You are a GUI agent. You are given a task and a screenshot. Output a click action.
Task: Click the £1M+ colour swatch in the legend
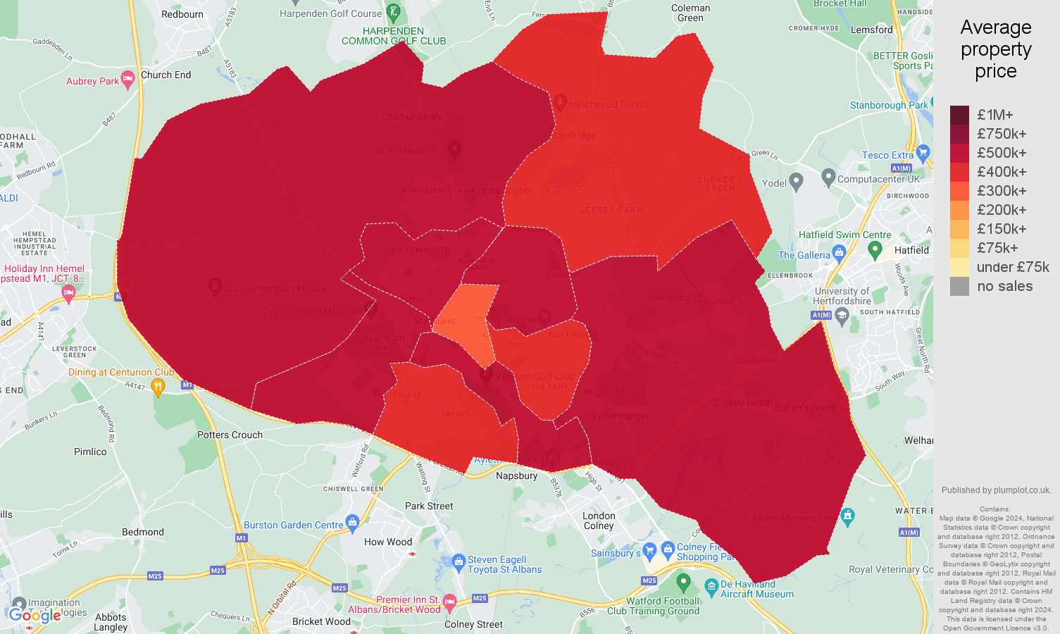(959, 115)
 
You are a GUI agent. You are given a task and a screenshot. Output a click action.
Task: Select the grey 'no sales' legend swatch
(959, 286)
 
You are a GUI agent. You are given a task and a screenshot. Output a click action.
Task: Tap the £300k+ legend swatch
(959, 191)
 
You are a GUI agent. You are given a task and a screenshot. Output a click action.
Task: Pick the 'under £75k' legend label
(1013, 267)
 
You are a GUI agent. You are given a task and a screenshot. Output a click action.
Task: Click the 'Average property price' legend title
(995, 49)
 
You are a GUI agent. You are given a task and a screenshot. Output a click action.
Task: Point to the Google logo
(35, 616)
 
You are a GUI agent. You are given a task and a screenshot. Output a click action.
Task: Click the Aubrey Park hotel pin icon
(127, 80)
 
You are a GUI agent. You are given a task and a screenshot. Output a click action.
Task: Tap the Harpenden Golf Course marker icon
(393, 13)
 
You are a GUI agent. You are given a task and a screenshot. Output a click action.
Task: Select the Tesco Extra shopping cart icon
(923, 153)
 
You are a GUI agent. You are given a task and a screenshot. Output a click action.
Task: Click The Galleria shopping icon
(839, 252)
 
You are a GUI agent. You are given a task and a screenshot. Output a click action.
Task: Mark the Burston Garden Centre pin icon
(353, 522)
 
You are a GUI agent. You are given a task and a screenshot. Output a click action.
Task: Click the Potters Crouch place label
(230, 435)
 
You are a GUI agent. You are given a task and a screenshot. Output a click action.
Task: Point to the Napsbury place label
(516, 475)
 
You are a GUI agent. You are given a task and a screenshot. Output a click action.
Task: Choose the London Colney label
(599, 521)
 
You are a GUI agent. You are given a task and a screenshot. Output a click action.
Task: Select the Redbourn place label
(182, 14)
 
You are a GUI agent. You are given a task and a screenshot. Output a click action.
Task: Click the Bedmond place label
(143, 532)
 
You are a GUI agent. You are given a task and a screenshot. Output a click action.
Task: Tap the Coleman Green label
(690, 13)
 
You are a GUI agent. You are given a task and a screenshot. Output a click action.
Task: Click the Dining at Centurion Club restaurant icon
(158, 386)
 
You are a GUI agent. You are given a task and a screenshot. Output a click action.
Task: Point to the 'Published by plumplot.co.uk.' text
(996, 490)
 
